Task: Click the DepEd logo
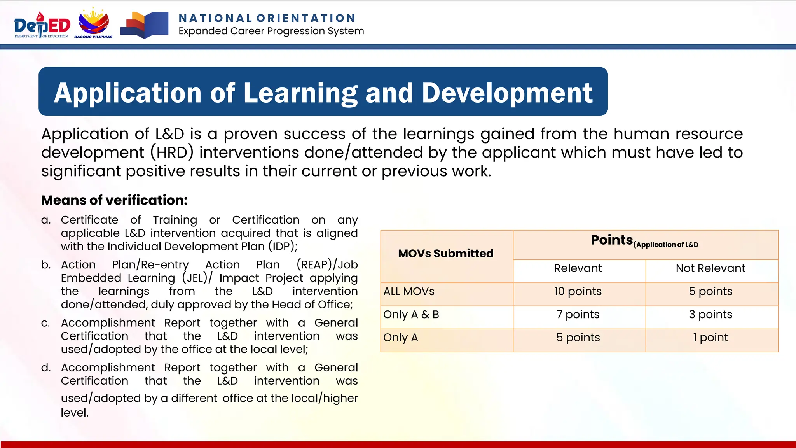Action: coord(42,25)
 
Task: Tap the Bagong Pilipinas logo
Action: coord(94,23)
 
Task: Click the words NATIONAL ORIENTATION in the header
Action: coord(267,18)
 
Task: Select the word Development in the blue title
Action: coord(507,93)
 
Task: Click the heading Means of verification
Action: coord(114,200)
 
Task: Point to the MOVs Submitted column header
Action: coord(446,254)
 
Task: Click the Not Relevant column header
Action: coord(710,268)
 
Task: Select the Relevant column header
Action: coord(578,268)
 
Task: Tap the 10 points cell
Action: coord(578,291)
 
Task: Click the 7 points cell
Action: coord(578,314)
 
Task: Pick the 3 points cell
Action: coord(710,314)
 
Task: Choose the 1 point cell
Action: coord(710,338)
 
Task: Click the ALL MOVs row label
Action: coord(409,291)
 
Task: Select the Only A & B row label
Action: coord(411,314)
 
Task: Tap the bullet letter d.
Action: coord(46,368)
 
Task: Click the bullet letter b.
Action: coord(46,265)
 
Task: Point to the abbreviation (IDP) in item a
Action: coord(283,247)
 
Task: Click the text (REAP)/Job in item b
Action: coord(327,265)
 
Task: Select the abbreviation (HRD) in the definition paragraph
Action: coord(172,152)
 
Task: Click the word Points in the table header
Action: coord(612,240)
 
